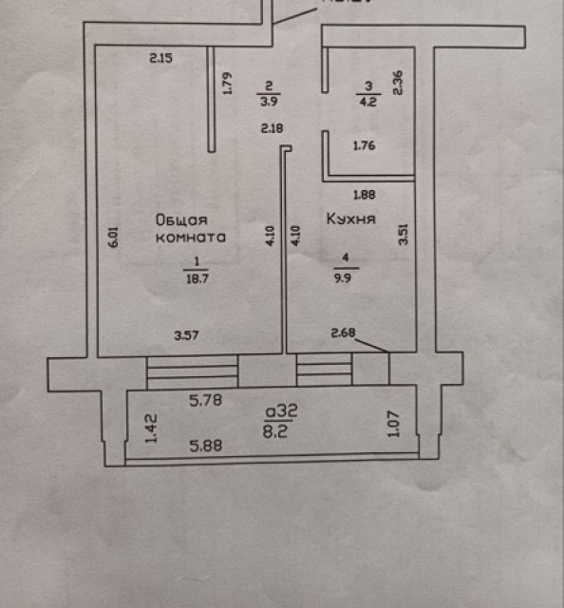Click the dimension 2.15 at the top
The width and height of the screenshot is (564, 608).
(x=160, y=59)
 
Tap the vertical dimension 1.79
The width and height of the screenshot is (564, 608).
(x=227, y=85)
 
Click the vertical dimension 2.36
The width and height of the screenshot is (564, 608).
(x=399, y=84)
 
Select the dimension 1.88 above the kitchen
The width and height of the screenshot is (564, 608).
(x=365, y=197)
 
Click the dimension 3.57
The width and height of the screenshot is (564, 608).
(x=188, y=334)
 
